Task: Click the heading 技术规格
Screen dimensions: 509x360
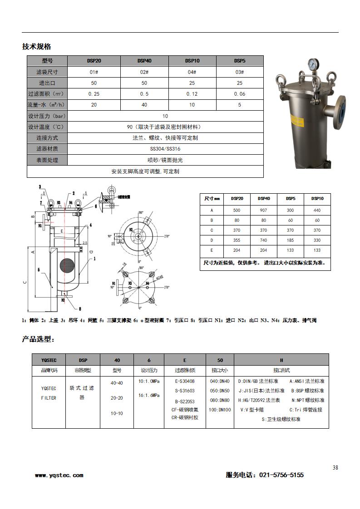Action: tap(36, 47)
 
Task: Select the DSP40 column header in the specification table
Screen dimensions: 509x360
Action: tap(144, 61)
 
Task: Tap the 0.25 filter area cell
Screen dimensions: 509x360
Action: tap(94, 94)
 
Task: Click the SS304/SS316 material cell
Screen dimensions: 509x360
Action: tap(165, 149)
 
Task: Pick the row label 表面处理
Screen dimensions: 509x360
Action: tap(47, 160)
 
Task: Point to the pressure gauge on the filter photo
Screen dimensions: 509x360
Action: tap(312, 65)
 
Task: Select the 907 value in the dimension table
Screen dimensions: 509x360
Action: tap(264, 210)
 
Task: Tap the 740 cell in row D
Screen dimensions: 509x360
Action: tap(264, 240)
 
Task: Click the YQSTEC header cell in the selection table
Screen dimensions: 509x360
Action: tap(49, 360)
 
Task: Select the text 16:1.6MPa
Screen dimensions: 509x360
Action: tap(148, 395)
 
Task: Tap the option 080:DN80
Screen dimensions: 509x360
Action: tap(220, 400)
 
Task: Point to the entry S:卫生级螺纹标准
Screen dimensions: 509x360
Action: tap(281, 419)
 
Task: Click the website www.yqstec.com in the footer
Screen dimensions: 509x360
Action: tap(59, 475)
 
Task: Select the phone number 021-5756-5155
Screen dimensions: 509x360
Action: tap(281, 475)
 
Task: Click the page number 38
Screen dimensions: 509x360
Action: tap(335, 468)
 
